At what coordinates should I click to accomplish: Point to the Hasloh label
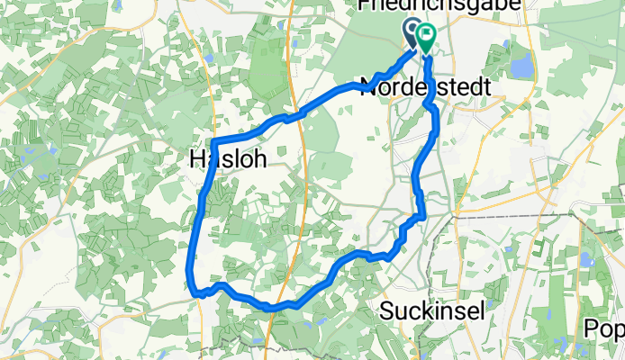[227, 159]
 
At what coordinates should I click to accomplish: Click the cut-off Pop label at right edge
[605, 328]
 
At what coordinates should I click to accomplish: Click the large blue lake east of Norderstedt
[521, 65]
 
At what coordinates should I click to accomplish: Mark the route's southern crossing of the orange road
[281, 307]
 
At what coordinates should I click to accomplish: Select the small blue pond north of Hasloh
[209, 58]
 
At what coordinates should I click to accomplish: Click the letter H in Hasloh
[197, 159]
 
